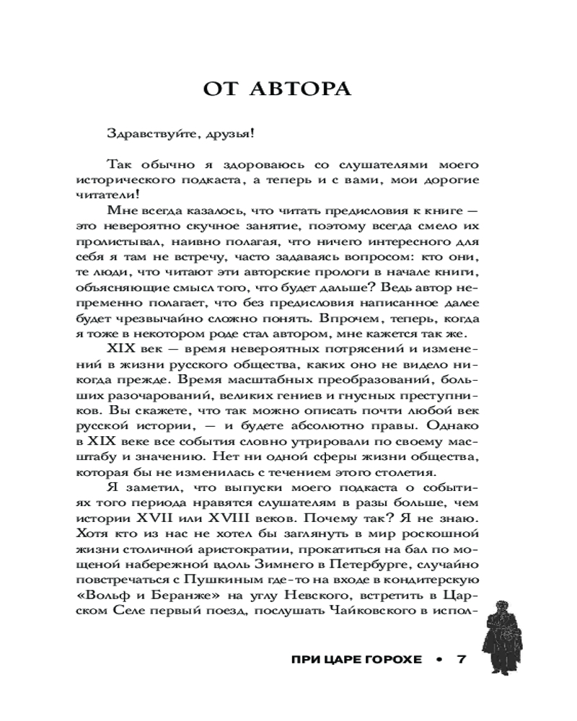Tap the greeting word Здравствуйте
[x=146, y=136]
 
